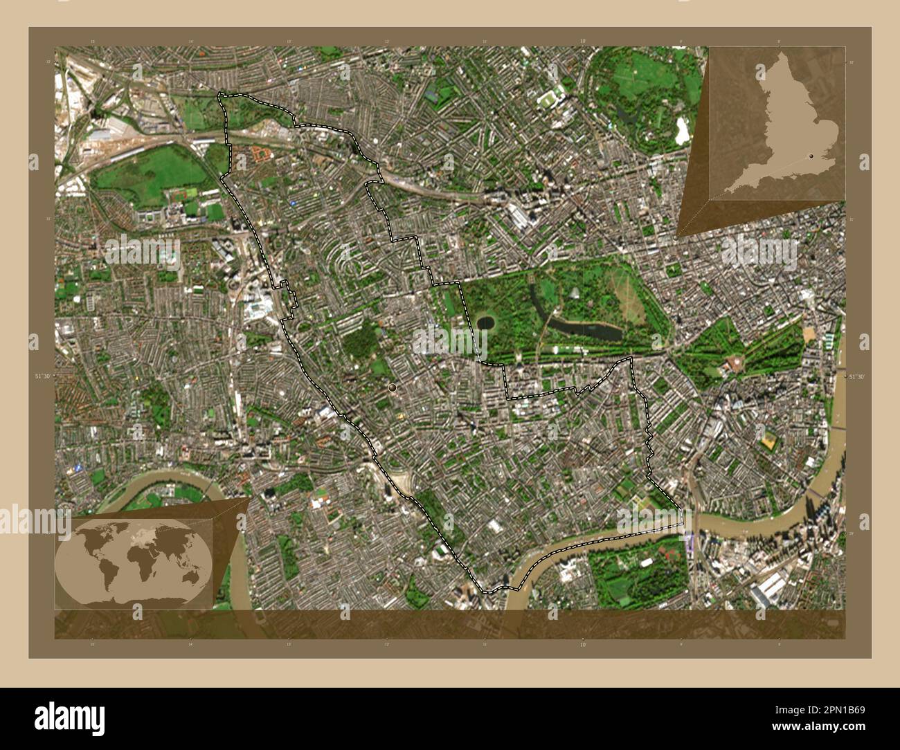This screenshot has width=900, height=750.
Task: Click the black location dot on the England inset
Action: pos(811,157)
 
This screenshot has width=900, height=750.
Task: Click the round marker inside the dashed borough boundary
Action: pos(393,388)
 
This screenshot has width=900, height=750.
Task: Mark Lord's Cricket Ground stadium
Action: pos(550,99)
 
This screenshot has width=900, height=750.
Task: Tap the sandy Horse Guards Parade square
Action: pos(811,336)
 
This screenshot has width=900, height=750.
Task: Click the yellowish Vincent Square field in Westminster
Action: pos(768,439)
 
